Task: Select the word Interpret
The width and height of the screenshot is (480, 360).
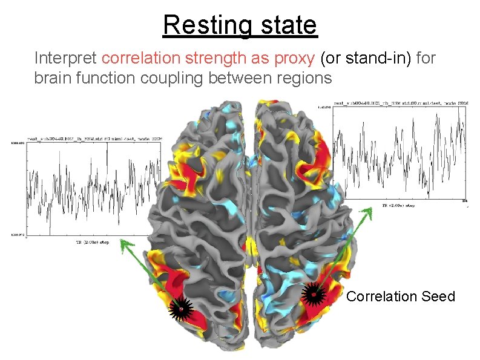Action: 66,59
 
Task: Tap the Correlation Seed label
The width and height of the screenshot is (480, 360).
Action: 400,296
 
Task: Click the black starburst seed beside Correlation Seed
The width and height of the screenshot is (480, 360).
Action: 313,295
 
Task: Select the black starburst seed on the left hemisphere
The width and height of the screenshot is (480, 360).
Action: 180,309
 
